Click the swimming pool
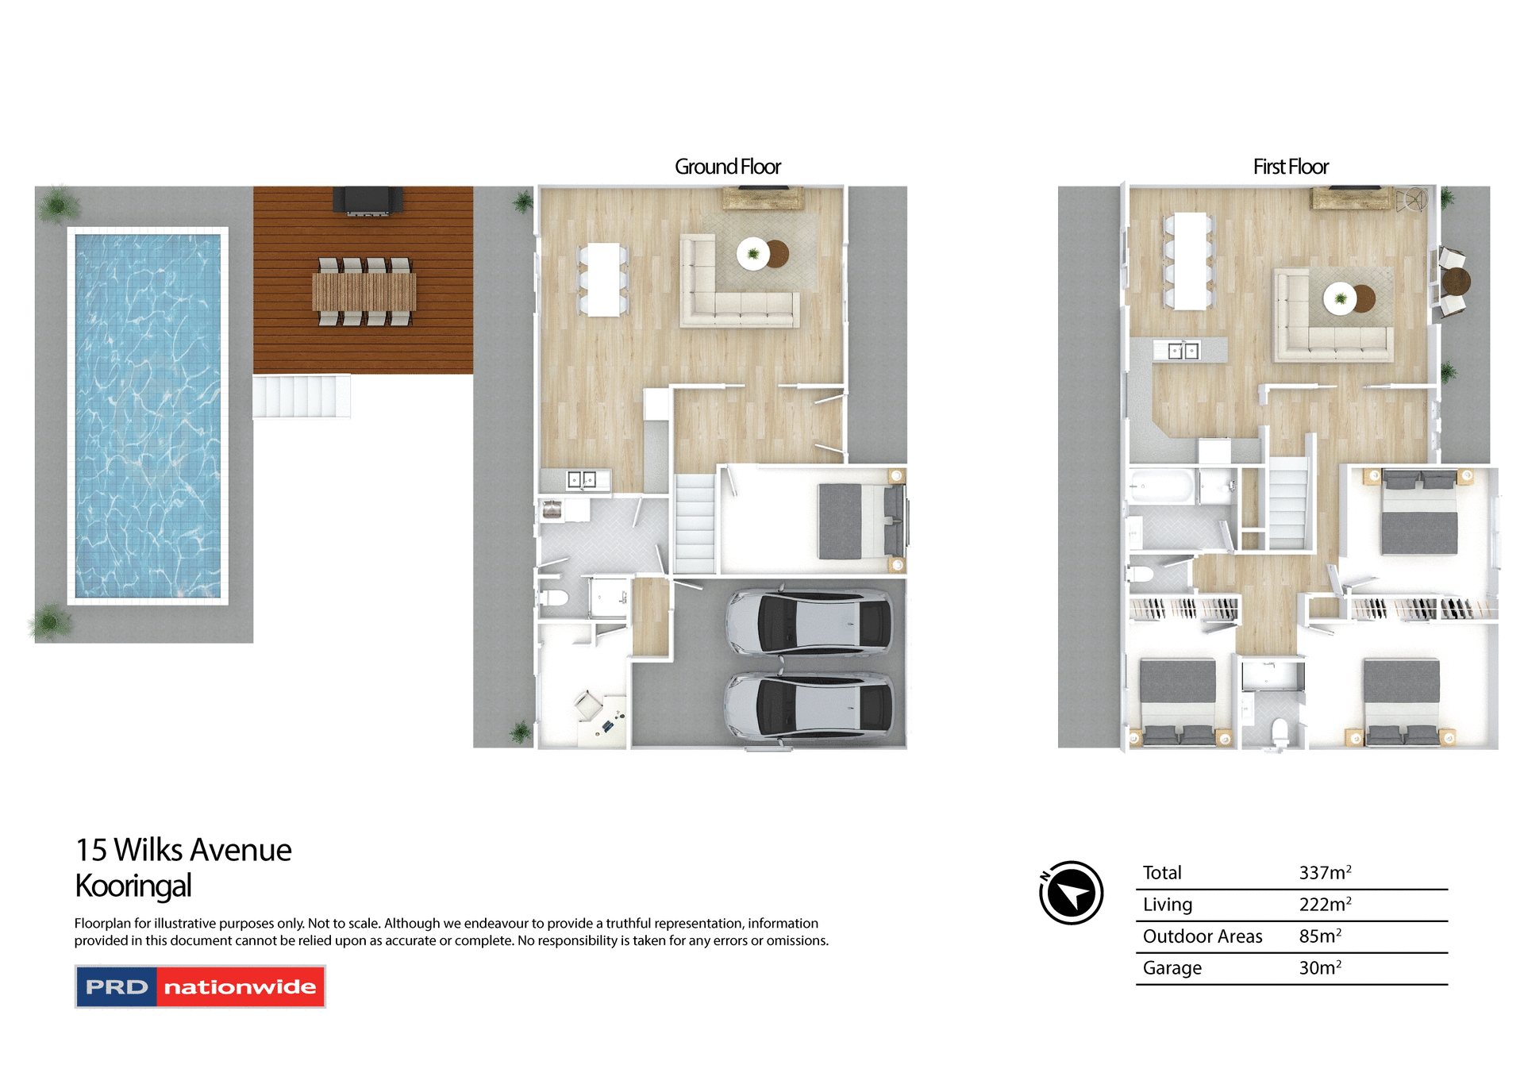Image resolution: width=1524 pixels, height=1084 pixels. tap(148, 415)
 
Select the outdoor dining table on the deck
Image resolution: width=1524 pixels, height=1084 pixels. tap(364, 291)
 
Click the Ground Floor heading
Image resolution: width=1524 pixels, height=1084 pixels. tap(727, 167)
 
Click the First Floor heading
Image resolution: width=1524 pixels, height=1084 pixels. tap(1290, 167)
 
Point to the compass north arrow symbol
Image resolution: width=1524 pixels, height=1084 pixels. tap(1071, 893)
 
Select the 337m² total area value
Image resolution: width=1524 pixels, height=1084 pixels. tap(1324, 873)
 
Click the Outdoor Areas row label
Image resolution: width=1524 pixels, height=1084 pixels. tap(1202, 936)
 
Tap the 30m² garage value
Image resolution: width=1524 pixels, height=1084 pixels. tap(1319, 968)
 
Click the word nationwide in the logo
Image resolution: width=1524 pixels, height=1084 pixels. tap(240, 987)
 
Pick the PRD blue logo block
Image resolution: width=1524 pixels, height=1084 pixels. tap(117, 987)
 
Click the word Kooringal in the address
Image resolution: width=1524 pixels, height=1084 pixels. tap(133, 886)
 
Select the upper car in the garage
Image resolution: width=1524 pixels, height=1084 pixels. tap(809, 622)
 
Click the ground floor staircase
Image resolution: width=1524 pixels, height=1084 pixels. tap(695, 524)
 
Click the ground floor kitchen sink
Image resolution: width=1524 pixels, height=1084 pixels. tap(581, 480)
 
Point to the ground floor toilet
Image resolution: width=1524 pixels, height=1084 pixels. tap(553, 598)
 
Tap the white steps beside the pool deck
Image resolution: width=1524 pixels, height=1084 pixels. tap(302, 396)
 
